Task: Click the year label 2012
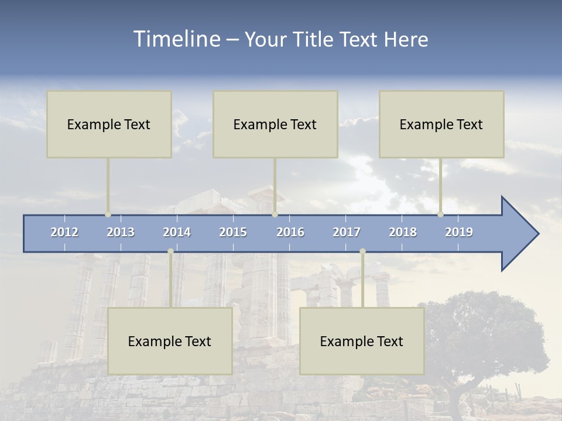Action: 64,232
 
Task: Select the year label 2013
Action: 121,232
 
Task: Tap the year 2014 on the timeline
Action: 177,232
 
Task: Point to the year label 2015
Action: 233,232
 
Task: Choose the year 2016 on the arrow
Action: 290,232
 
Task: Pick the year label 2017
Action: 347,232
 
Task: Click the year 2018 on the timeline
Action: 403,232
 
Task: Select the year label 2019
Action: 459,232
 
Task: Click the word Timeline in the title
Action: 176,39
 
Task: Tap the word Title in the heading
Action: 315,40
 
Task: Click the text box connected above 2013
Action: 109,124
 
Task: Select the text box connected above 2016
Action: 275,124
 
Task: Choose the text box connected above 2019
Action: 441,124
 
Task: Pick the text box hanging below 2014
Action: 170,341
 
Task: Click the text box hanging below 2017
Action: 362,341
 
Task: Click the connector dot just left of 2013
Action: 108,215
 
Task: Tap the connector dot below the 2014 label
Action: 170,251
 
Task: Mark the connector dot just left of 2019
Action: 440,215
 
